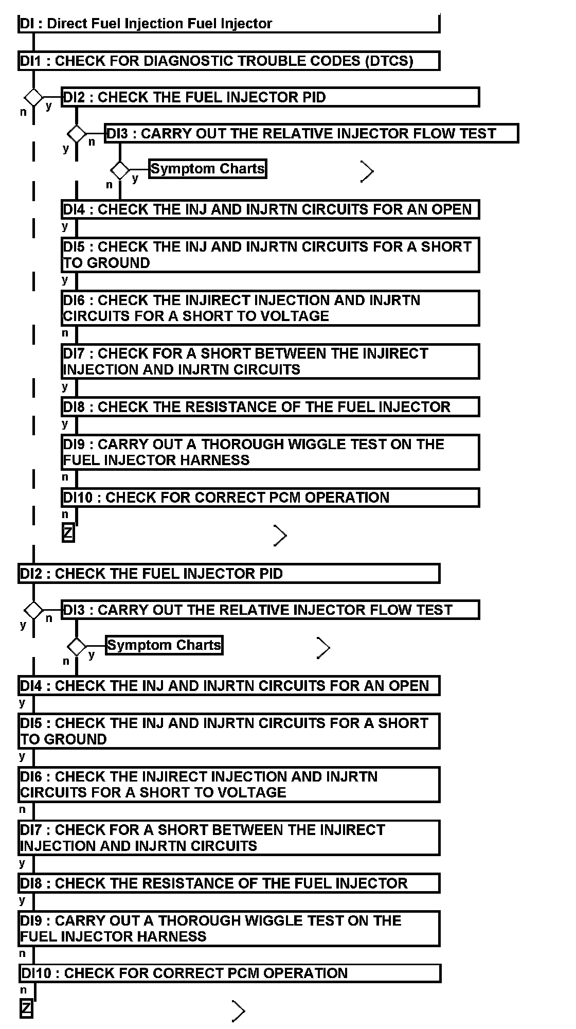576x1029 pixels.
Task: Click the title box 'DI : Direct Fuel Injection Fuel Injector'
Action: point(229,24)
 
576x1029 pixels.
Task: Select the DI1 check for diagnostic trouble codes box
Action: point(229,61)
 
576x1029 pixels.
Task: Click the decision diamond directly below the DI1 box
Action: point(34,97)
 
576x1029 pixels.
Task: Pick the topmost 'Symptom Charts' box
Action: point(208,169)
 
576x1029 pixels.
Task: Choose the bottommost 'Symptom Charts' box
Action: point(164,645)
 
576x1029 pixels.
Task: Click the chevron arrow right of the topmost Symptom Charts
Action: point(367,171)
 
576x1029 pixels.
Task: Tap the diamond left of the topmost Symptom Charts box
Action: point(120,170)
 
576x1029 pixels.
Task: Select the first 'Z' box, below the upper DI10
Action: point(68,533)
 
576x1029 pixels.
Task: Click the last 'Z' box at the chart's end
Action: point(26,1008)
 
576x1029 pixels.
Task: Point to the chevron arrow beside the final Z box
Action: point(238,1011)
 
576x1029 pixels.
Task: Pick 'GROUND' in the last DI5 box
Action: point(75,739)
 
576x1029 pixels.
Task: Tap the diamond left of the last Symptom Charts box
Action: point(77,647)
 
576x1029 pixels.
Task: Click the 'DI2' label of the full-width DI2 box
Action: point(31,574)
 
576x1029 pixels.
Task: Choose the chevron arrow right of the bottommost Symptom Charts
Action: point(323,648)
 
